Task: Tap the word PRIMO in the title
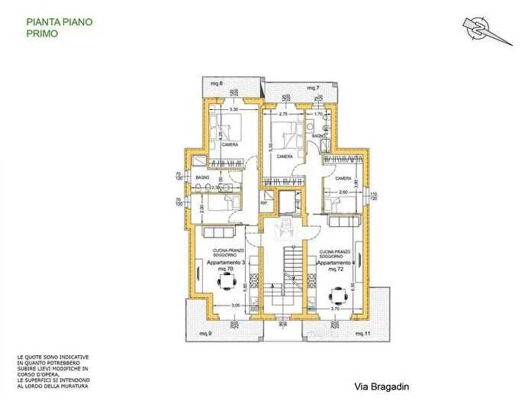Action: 40,34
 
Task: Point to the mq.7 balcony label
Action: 311,89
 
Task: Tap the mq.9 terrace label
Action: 205,335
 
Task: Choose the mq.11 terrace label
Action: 362,335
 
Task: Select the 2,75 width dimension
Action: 283,113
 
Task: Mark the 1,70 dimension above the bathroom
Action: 319,114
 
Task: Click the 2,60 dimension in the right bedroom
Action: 343,192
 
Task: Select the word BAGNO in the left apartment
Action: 203,177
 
